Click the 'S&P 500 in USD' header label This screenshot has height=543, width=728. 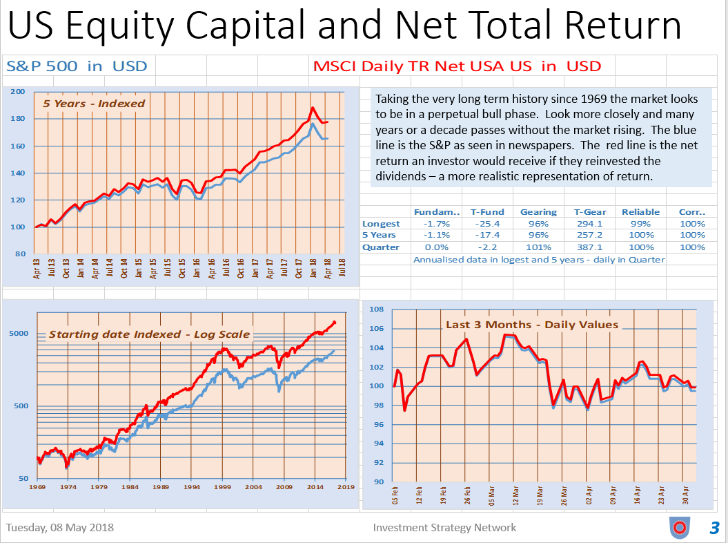[x=77, y=66]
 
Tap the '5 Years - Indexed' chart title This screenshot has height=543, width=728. [x=94, y=104]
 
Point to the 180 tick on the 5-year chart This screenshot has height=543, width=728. [x=19, y=119]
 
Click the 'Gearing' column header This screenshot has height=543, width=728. [x=538, y=212]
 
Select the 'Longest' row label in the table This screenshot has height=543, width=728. [x=381, y=224]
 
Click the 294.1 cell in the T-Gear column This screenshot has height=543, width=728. [x=590, y=224]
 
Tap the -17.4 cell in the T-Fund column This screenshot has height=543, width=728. [x=488, y=236]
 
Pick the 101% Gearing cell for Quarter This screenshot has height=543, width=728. [x=538, y=247]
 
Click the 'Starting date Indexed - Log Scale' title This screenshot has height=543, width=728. [x=149, y=335]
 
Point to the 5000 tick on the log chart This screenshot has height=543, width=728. [x=19, y=333]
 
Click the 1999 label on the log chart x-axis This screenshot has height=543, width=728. [x=222, y=487]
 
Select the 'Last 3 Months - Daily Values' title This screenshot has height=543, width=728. [x=532, y=325]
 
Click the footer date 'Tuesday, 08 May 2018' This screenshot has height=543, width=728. [x=60, y=527]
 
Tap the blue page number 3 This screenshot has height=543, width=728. [x=714, y=528]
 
